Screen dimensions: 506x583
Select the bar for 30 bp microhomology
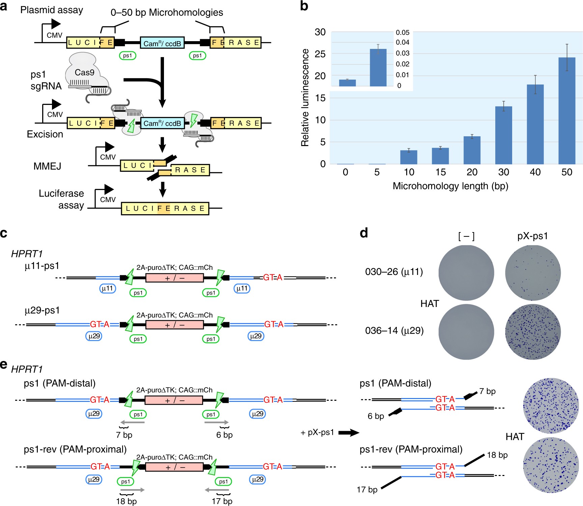coord(503,135)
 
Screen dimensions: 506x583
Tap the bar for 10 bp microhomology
coord(409,157)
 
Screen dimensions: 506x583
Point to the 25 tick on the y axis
coord(320,54)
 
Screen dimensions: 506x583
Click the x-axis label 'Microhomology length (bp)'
coord(450,186)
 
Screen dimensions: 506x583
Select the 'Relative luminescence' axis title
coord(305,98)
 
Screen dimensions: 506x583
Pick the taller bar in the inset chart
coord(378,67)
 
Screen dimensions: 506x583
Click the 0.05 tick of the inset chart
coord(402,32)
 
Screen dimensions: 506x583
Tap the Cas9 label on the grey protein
coord(84,73)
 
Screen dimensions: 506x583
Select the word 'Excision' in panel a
coord(45,134)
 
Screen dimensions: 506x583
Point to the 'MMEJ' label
coord(47,166)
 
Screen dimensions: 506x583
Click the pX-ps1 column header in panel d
coord(532,236)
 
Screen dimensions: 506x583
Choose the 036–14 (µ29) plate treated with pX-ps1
coord(533,332)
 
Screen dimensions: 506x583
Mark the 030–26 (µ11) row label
coord(394,272)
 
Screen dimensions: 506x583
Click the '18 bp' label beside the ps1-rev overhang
coord(497,455)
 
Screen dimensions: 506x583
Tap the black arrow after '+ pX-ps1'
coord(349,432)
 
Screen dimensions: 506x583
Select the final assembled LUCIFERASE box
coord(165,208)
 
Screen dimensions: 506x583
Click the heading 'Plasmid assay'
coord(52,10)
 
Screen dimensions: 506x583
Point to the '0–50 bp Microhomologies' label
coord(167,12)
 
